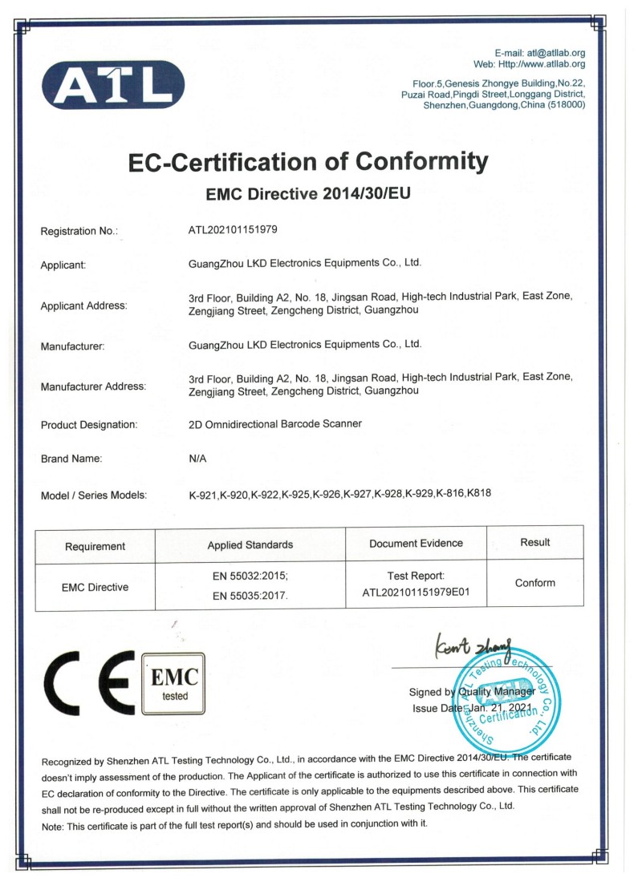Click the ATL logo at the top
[x=113, y=84]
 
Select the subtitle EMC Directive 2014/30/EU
[x=309, y=194]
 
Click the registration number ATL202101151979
[x=233, y=229]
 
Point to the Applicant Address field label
[x=83, y=305]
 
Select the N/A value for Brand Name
[x=197, y=459]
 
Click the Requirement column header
[x=95, y=546]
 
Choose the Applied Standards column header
[x=250, y=545]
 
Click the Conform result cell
[x=534, y=583]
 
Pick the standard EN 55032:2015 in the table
[x=250, y=576]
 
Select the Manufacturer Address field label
[x=93, y=386]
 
